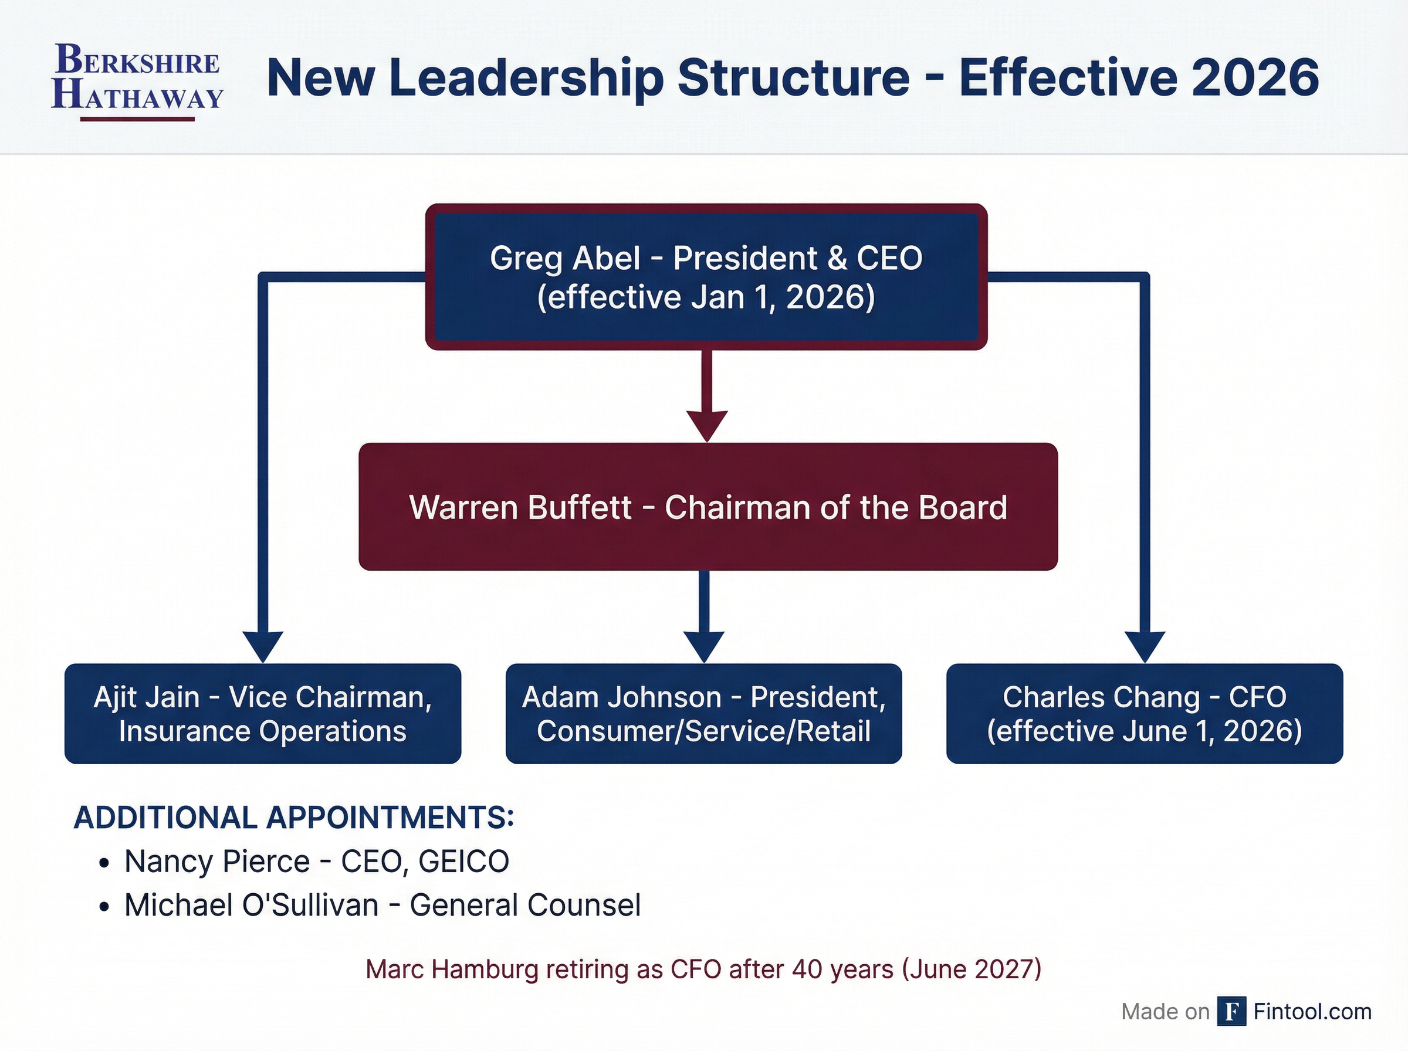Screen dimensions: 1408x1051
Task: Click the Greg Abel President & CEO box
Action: tap(706, 277)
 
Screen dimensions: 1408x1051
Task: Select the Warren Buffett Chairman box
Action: tap(708, 506)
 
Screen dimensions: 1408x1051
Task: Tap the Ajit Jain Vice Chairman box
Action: tap(263, 713)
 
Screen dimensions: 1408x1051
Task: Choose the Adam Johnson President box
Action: tap(703, 713)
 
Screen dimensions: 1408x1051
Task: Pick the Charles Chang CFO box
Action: tap(1145, 713)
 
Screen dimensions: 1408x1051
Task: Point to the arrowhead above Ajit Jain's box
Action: tap(263, 647)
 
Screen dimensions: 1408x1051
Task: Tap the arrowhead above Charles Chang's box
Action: tap(1145, 647)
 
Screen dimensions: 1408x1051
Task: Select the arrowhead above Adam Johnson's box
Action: tap(703, 647)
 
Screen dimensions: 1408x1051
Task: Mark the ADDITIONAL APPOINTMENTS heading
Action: tap(294, 818)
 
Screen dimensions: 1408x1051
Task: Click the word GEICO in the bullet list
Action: tap(464, 862)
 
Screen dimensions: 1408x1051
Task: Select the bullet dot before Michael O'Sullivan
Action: tap(105, 907)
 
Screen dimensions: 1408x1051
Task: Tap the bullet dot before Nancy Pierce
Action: tap(105, 863)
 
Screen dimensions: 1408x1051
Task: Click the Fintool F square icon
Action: tap(1231, 1011)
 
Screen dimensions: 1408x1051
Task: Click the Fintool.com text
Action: tap(1312, 1011)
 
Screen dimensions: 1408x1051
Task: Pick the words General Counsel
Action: tap(525, 906)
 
